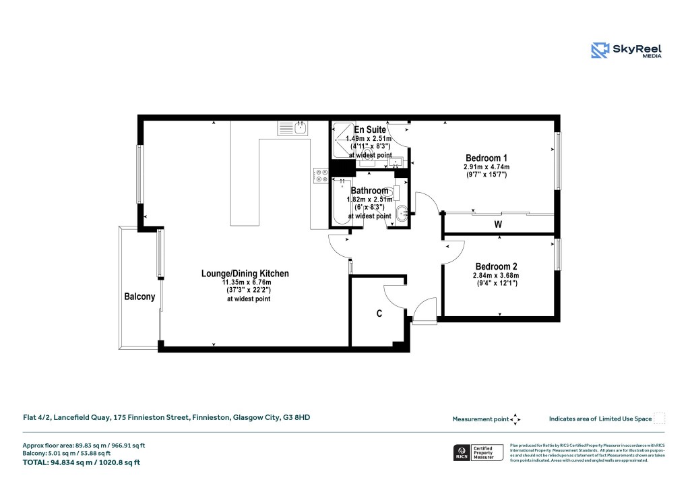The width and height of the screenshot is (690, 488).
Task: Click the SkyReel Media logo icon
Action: [x=599, y=51]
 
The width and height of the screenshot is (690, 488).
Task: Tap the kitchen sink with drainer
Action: [x=292, y=127]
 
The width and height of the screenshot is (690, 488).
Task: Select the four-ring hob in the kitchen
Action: [x=320, y=177]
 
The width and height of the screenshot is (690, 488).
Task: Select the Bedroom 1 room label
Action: [x=486, y=158]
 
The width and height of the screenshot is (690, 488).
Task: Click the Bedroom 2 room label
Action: [x=496, y=266]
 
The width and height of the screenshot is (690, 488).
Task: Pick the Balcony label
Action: [x=139, y=297]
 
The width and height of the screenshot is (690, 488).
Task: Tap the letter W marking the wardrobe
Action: [x=498, y=224]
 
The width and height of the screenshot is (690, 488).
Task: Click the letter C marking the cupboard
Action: [x=379, y=314]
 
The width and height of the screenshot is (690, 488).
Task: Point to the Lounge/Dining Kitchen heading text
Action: [x=245, y=274]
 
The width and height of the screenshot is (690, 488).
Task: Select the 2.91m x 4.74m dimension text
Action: [x=486, y=167]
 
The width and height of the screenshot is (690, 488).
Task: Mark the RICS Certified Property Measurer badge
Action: [x=478, y=452]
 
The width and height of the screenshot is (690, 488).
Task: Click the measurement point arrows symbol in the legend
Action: [x=515, y=419]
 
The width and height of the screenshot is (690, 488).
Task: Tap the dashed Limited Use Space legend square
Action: [x=660, y=419]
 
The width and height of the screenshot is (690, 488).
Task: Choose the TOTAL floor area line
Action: [x=82, y=462]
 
